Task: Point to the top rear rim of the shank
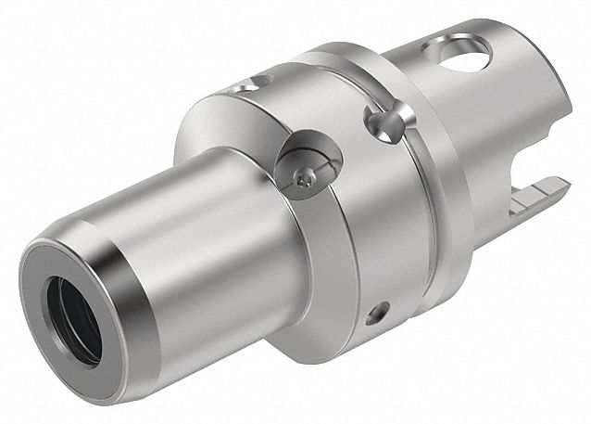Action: [x=491, y=37]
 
